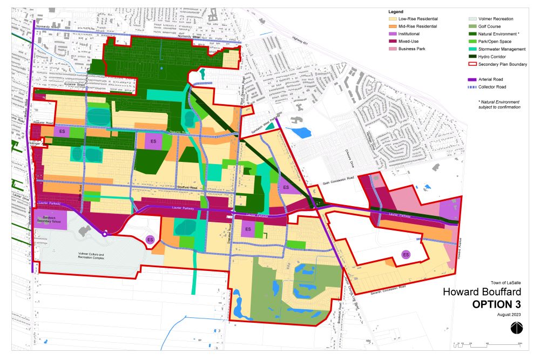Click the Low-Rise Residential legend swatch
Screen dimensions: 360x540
pyautogui.click(x=392, y=19)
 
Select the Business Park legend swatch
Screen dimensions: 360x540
pyautogui.click(x=392, y=49)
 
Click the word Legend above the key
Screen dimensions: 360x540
pyautogui.click(x=396, y=11)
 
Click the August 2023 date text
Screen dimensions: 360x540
pyautogui.click(x=509, y=314)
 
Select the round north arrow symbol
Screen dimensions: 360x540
pyautogui.click(x=516, y=327)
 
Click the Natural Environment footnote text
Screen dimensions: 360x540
pyautogui.click(x=499, y=104)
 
